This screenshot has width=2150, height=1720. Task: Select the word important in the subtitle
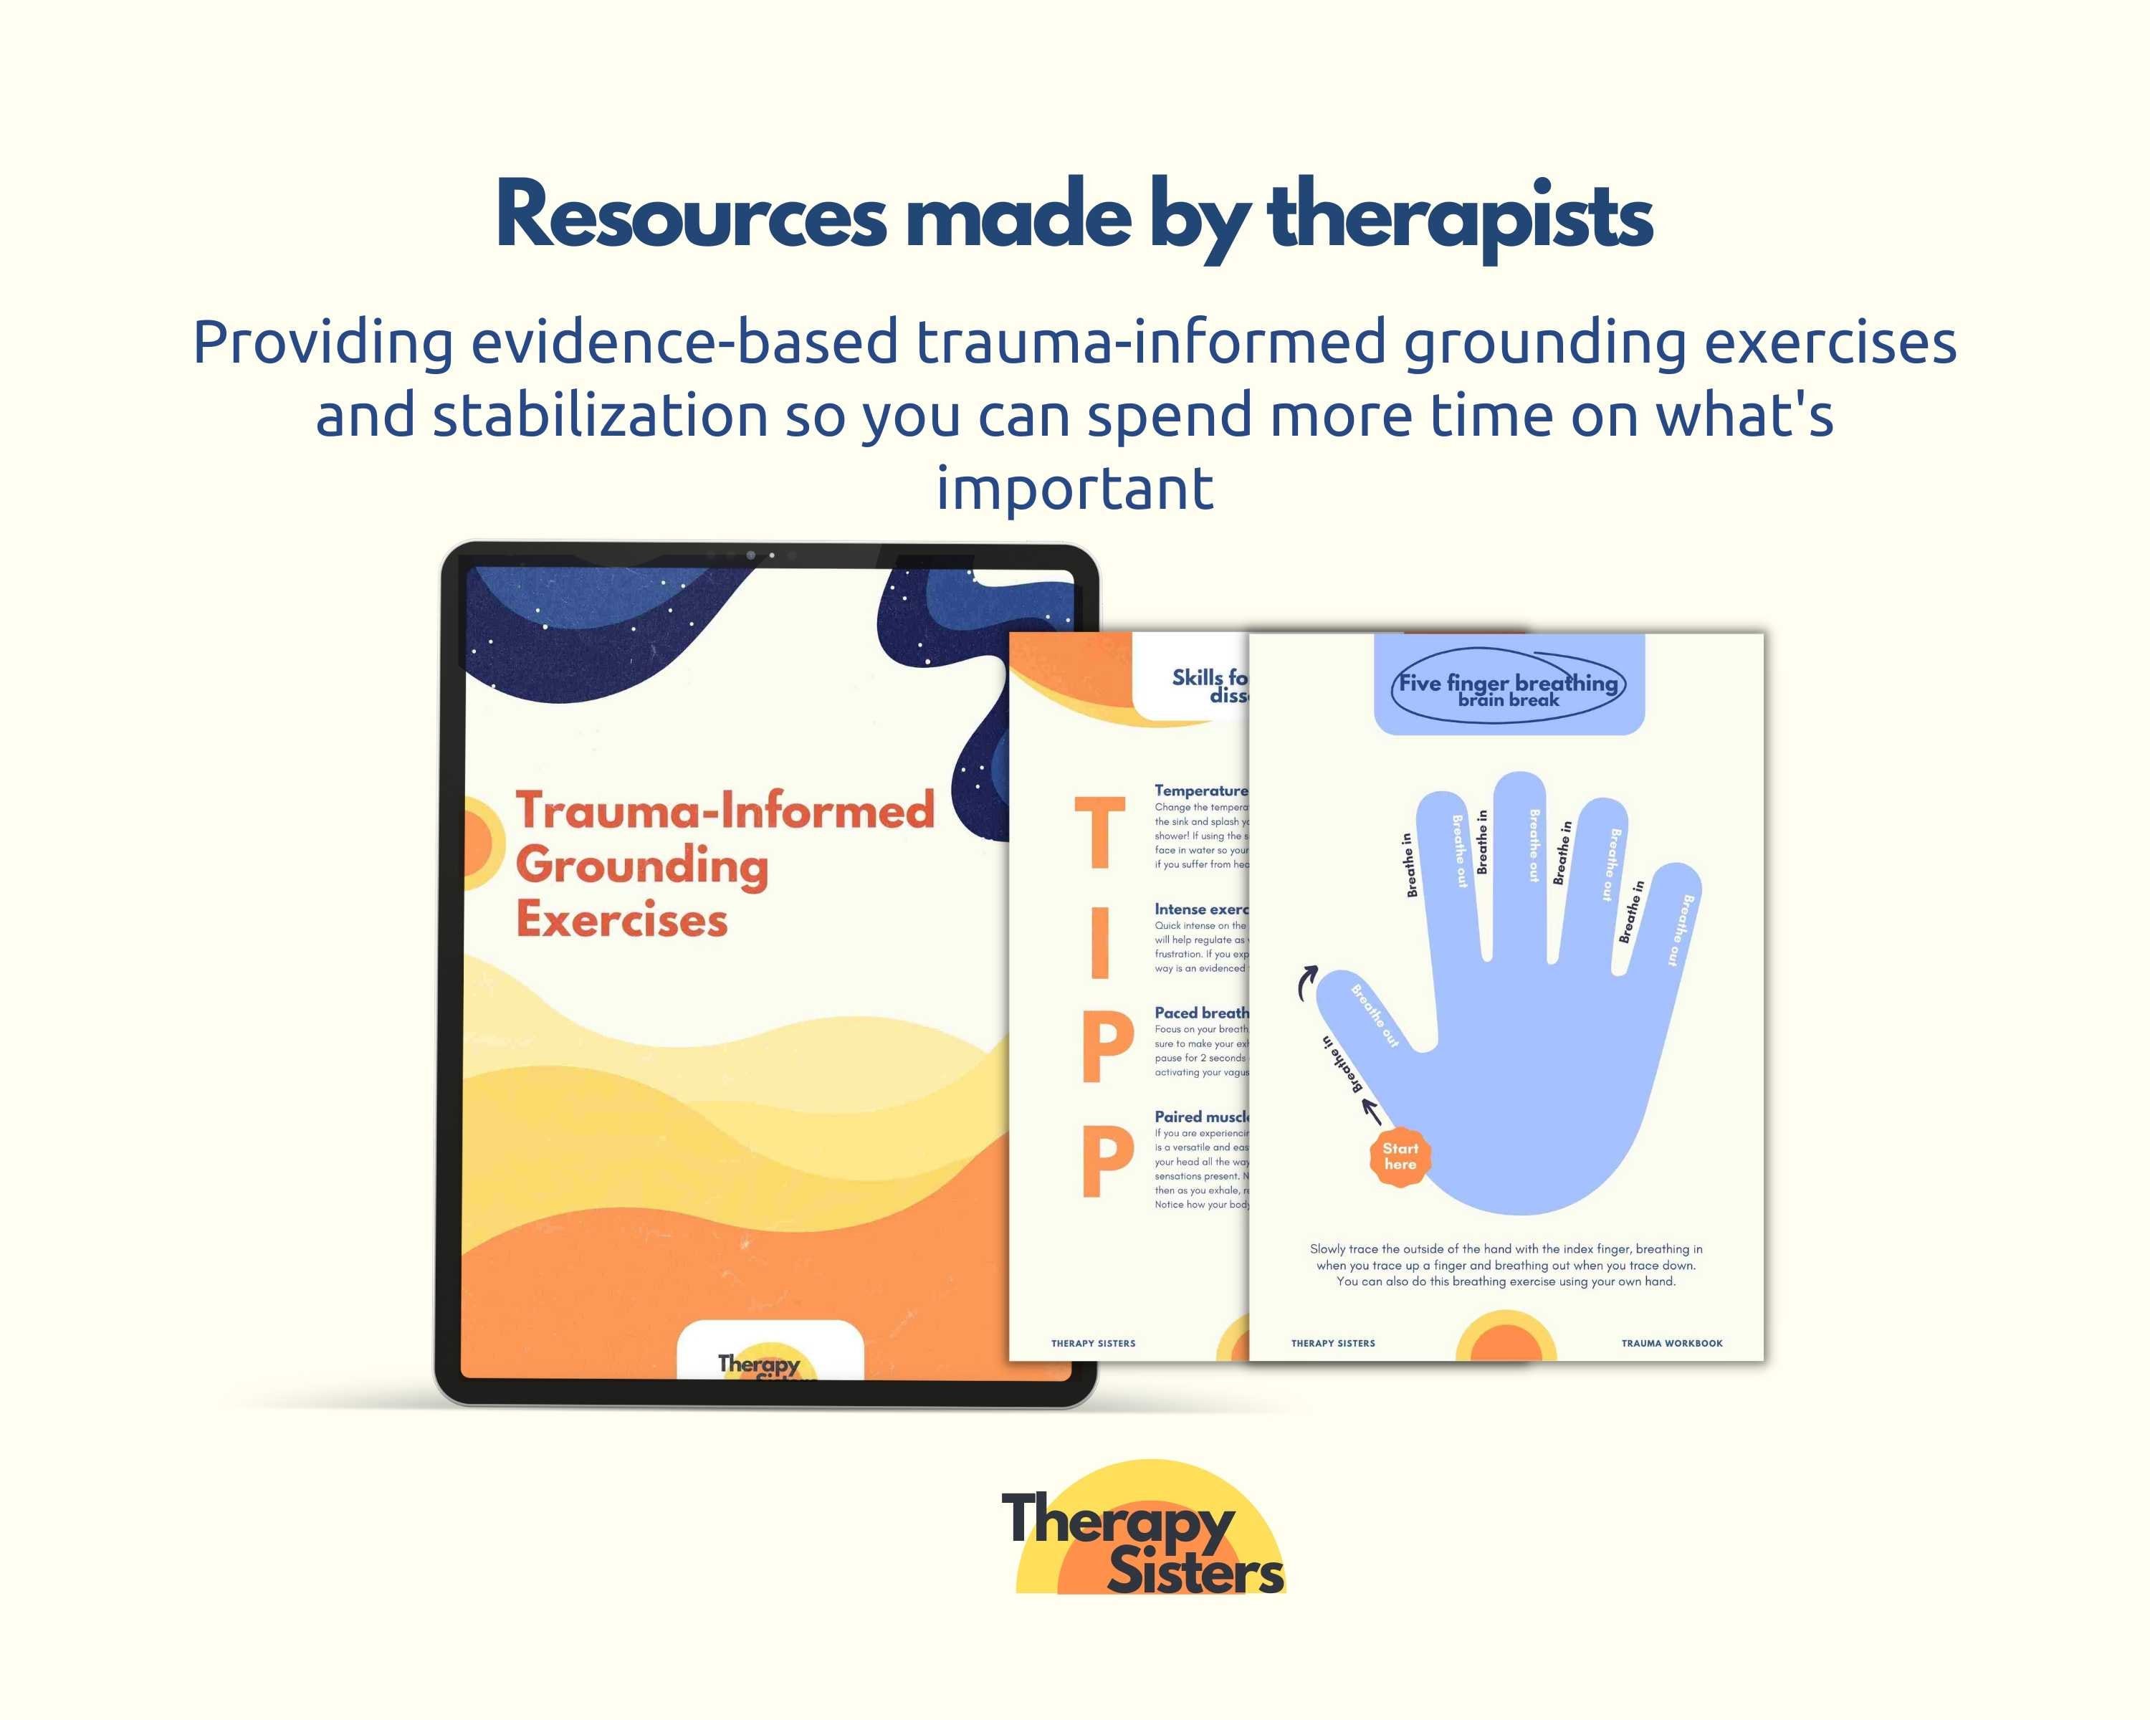(x=1074, y=489)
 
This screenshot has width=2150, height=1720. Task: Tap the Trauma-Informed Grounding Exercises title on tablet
(x=724, y=864)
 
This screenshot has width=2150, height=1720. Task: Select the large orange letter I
(x=1100, y=942)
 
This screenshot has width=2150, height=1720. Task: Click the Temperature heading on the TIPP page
(x=1200, y=790)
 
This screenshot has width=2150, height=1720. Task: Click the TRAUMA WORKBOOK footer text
(x=1671, y=1343)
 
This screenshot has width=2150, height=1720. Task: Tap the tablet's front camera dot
(x=750, y=555)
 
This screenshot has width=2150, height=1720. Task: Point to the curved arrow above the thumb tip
(x=1305, y=983)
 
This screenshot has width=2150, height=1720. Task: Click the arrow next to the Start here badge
(x=1372, y=1111)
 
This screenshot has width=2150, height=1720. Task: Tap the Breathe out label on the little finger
(x=1681, y=930)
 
